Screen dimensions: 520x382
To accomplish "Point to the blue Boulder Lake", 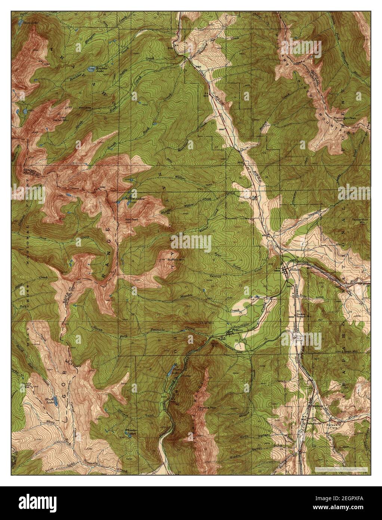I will tap(91, 70).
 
